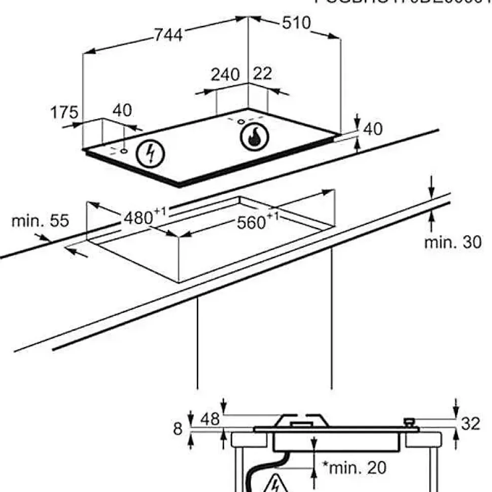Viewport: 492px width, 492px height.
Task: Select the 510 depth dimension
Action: click(x=296, y=23)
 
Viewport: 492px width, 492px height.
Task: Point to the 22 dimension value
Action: click(x=262, y=74)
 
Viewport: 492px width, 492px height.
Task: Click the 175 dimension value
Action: click(x=64, y=113)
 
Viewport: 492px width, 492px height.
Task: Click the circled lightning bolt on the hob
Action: click(x=150, y=153)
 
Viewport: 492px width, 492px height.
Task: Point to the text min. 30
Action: click(x=452, y=242)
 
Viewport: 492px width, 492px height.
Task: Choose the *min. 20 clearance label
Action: click(x=355, y=467)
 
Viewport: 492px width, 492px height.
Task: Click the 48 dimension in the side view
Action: click(x=209, y=419)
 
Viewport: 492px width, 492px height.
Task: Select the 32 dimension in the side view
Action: click(x=470, y=424)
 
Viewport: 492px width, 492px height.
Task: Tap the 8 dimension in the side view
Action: click(x=178, y=430)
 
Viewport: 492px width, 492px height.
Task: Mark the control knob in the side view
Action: click(x=408, y=422)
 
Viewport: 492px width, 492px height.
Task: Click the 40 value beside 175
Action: click(x=122, y=111)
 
